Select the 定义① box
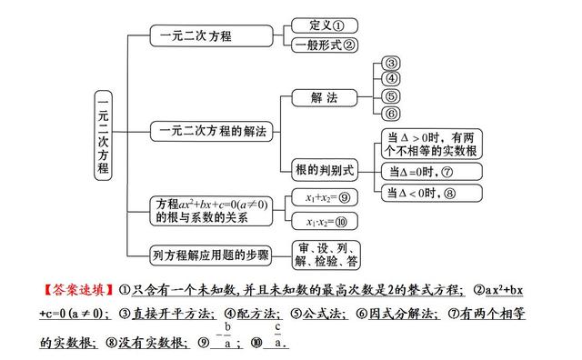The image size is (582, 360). point(324,26)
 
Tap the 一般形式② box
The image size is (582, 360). point(324,45)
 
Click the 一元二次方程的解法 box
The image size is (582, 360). point(212,132)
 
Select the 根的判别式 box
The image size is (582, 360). point(322,170)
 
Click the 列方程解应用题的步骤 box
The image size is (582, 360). point(212,255)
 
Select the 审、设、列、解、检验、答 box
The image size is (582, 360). point(327,255)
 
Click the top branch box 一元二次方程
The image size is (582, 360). point(212,36)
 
